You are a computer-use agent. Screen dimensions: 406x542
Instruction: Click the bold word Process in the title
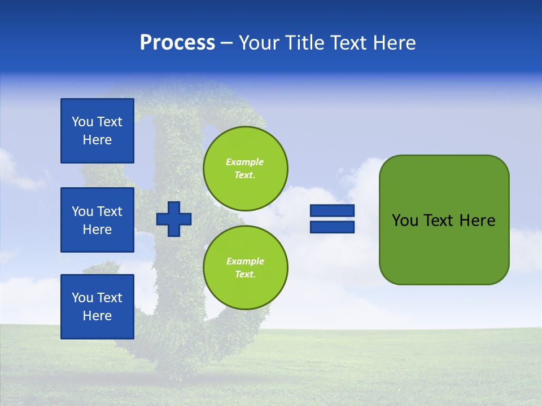pyautogui.click(x=177, y=43)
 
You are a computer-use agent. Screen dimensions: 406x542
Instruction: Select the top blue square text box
pyautogui.click(x=97, y=131)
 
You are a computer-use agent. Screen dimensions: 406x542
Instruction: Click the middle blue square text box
pyautogui.click(x=97, y=220)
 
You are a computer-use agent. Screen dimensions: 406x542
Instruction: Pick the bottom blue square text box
pyautogui.click(x=97, y=307)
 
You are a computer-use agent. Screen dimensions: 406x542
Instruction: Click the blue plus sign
pyautogui.click(x=173, y=219)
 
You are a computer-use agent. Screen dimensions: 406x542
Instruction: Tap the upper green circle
pyautogui.click(x=245, y=168)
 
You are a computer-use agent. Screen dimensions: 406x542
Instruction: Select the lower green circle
pyautogui.click(x=245, y=267)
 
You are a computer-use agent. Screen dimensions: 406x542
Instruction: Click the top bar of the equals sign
pyautogui.click(x=332, y=211)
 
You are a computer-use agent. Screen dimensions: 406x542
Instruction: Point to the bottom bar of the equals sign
pyautogui.click(x=332, y=227)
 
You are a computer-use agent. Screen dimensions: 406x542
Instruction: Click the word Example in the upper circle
pyautogui.click(x=244, y=162)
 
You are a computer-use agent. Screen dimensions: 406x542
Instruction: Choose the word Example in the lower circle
pyautogui.click(x=244, y=261)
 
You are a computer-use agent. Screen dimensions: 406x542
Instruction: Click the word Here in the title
pyautogui.click(x=394, y=43)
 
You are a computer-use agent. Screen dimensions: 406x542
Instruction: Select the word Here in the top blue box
pyautogui.click(x=97, y=140)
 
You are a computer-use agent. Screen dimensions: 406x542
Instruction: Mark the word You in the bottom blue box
pyautogui.click(x=82, y=298)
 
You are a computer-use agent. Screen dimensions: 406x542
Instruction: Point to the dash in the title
pyautogui.click(x=227, y=43)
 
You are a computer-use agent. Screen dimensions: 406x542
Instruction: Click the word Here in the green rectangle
pyautogui.click(x=477, y=220)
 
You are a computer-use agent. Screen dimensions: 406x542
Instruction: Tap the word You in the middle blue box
pyautogui.click(x=82, y=211)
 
